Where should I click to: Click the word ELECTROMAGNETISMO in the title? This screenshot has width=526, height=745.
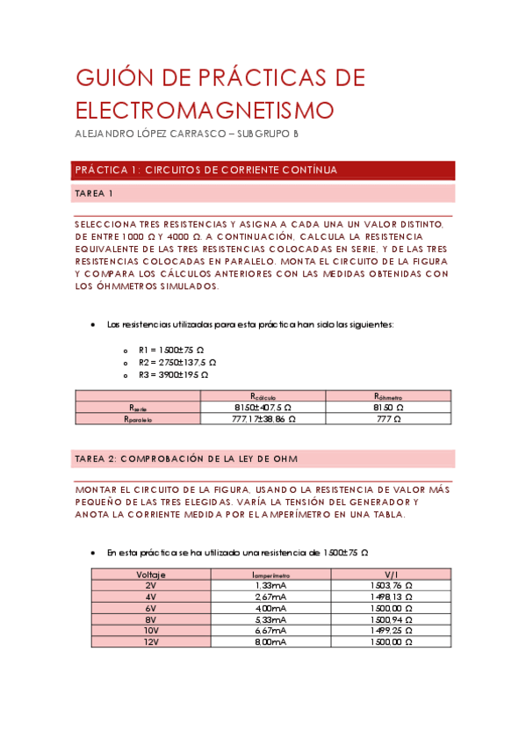(205, 111)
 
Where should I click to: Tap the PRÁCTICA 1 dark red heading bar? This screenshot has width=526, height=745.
(263, 170)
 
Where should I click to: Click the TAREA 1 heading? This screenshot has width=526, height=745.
(94, 192)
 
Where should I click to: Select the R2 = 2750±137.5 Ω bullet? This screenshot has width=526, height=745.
(177, 361)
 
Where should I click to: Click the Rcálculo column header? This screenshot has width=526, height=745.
(263, 396)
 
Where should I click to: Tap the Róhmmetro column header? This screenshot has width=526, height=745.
(388, 396)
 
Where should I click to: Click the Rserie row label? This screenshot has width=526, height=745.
(139, 408)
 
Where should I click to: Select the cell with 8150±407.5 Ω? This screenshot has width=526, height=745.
(263, 408)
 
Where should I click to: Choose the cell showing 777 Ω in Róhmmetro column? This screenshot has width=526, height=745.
(388, 419)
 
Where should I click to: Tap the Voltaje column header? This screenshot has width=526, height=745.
(151, 574)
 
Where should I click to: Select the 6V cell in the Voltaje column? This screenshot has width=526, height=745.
(151, 608)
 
